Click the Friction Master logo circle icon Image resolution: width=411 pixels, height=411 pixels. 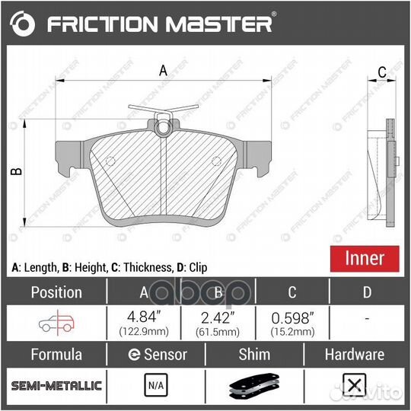point(25,25)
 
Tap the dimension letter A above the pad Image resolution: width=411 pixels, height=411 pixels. point(162,71)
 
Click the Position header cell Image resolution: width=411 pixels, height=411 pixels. point(56,292)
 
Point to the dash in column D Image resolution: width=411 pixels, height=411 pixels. point(367,320)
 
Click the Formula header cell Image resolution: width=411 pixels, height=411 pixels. point(56,354)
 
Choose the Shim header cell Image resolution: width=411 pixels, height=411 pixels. point(254,354)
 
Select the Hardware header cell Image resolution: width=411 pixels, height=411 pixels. point(354,354)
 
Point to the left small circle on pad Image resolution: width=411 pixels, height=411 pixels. point(110,161)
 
